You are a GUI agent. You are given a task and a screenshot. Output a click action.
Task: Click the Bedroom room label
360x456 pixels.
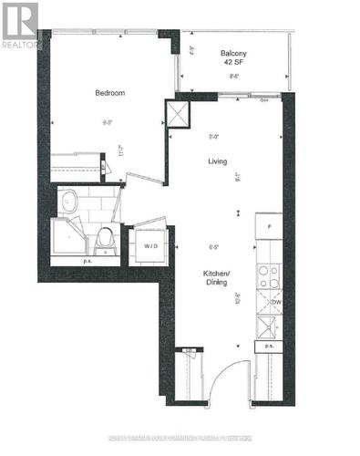109,93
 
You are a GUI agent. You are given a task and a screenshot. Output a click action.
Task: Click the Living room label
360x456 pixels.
217,161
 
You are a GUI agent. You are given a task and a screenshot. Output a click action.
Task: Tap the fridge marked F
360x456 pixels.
268,225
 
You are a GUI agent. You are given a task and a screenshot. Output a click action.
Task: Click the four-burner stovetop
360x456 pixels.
267,276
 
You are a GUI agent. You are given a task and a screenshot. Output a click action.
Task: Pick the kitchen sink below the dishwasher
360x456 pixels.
268,326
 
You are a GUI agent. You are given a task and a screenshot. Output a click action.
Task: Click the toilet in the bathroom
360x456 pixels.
106,240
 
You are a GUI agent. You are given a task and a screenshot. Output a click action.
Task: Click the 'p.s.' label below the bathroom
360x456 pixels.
87,262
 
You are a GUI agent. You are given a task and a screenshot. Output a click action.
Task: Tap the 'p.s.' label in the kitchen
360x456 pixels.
269,347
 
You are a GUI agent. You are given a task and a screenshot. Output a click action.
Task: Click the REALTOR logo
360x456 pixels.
20,24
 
